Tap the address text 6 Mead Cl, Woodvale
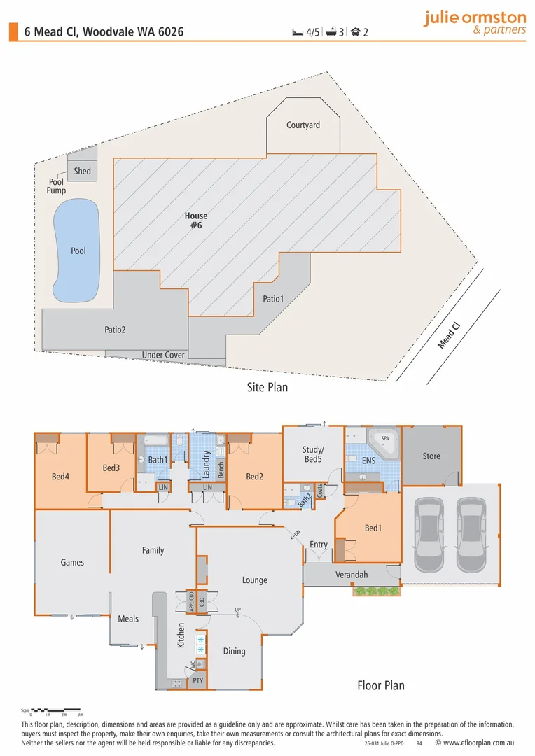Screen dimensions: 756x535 point(104,31)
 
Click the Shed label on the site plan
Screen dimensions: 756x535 point(83,171)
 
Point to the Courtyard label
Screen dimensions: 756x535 point(303,125)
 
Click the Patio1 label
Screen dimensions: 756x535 point(273,299)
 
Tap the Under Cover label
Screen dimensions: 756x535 point(163,355)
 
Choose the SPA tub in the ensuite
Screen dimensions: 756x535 point(384,441)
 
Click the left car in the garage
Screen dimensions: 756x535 point(428,534)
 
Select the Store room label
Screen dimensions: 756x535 point(431,456)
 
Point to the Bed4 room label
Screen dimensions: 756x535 point(60,477)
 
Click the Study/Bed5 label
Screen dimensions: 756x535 point(313,454)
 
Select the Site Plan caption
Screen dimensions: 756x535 point(267,387)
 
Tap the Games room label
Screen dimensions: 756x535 point(72,562)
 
